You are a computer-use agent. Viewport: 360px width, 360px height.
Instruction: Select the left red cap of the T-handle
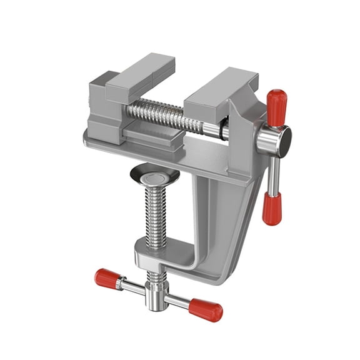(107, 278)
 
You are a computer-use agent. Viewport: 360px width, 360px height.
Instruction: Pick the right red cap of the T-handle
(206, 309)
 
